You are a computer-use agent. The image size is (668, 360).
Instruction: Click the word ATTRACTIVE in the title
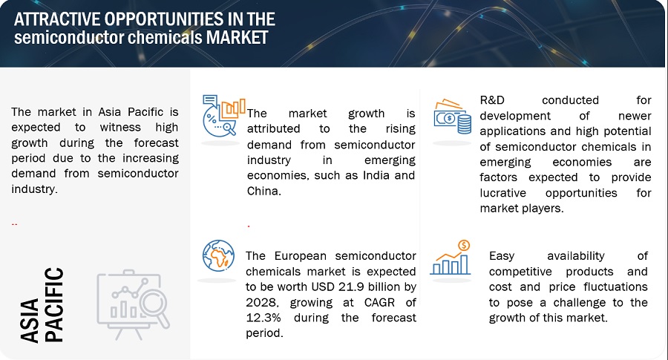pos(57,19)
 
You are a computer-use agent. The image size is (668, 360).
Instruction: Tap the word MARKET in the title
pos(237,38)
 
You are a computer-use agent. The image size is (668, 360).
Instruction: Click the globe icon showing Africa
pos(218,255)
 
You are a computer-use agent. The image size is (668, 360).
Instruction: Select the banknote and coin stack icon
pos(453,117)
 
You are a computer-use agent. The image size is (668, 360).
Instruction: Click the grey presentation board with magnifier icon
pos(134,304)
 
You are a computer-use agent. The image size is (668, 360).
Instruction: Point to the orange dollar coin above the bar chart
pos(464,246)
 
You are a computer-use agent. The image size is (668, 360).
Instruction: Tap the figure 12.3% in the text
pos(263,318)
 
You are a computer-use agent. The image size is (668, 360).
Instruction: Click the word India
pos(376,175)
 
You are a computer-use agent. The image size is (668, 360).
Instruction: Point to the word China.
pos(263,191)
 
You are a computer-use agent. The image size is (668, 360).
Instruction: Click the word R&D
pos(492,100)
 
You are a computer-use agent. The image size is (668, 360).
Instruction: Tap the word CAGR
pos(379,303)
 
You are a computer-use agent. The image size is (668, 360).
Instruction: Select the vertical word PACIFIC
pos(54,304)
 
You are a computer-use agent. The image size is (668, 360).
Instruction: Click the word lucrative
pos(502,193)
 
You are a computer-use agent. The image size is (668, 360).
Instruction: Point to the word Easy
pos(502,256)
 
